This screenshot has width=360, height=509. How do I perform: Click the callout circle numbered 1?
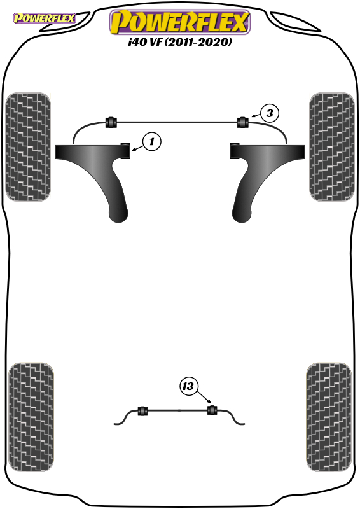[x=151, y=141]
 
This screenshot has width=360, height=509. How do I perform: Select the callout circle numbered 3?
[x=270, y=113]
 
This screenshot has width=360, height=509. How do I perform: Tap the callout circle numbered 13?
[x=188, y=386]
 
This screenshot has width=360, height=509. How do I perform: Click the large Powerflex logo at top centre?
[x=180, y=22]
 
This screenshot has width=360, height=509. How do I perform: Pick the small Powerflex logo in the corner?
[x=44, y=18]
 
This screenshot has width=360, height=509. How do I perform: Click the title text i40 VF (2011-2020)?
[x=180, y=42]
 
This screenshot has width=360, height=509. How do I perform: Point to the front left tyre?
[x=28, y=147]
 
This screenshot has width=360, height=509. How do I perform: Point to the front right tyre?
[x=332, y=147]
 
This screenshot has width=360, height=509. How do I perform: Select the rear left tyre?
[x=31, y=417]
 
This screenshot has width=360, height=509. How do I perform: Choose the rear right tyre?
[x=329, y=417]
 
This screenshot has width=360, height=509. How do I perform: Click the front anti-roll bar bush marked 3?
[x=242, y=122]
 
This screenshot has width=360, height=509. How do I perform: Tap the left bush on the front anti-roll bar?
[x=111, y=122]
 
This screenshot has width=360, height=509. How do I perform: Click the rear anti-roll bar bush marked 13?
[x=212, y=410]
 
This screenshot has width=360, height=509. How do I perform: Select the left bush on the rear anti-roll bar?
[x=142, y=410]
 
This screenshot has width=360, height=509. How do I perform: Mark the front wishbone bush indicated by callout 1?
[x=125, y=151]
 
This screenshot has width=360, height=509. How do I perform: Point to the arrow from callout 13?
[x=204, y=398]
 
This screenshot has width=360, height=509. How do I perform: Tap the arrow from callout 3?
[x=256, y=115]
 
